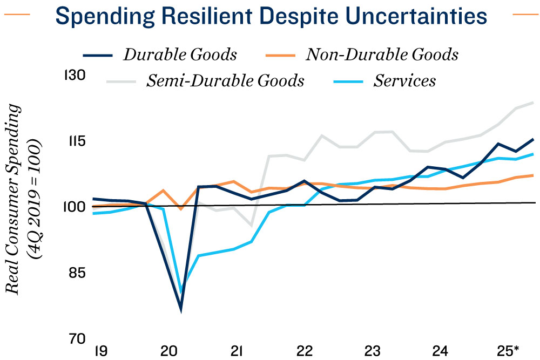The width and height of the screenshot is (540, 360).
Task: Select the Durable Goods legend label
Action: pos(180,55)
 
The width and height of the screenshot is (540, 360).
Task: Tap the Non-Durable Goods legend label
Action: pos(382,55)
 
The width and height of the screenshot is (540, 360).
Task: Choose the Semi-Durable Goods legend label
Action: pos(225,81)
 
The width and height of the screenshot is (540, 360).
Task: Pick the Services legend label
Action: pos(404,81)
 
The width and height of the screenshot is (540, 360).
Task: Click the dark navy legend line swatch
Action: pos(97,55)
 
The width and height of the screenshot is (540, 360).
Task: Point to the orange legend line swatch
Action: pos(281,55)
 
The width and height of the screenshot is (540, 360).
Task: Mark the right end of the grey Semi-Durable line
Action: pos(534,102)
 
